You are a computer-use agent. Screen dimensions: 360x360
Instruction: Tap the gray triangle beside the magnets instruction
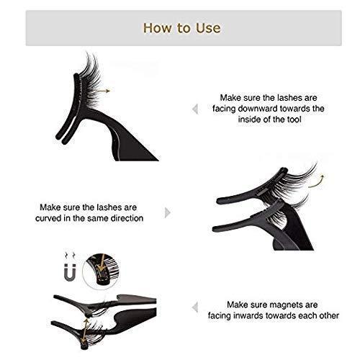195,310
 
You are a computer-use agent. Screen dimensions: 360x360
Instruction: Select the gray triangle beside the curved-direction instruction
167,212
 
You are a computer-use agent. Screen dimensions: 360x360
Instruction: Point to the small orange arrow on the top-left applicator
109,91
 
